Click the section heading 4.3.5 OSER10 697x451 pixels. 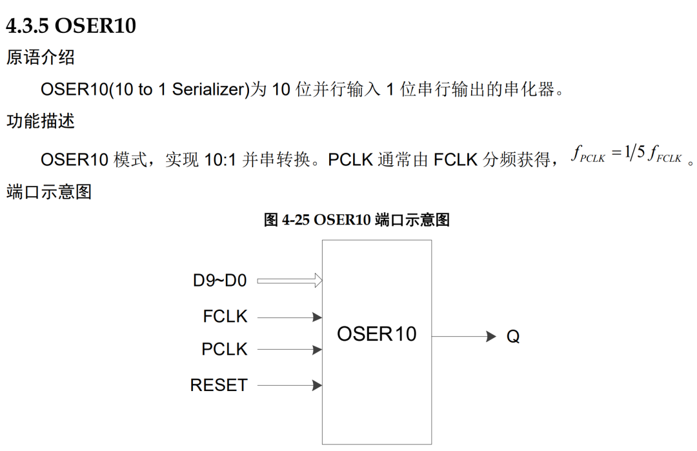pos(71,26)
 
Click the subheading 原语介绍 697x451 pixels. pos(41,58)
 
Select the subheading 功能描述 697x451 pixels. pos(41,121)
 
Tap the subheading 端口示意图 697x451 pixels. pos(49,192)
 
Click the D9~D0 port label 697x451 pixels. pos(219,281)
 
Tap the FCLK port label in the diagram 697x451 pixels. pos(225,317)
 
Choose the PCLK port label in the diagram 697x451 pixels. pos(224,350)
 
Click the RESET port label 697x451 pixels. pos(219,385)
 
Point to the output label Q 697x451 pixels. pos(513,337)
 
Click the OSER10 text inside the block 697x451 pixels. pos(377,334)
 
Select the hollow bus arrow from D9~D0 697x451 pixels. pos(289,281)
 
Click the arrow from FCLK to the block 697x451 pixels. pos(289,317)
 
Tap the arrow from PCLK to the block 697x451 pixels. pos(289,350)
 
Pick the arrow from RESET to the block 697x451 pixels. pos(289,385)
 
